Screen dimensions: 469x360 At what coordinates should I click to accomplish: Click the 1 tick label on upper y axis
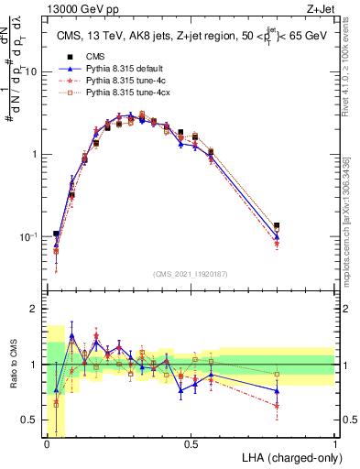click(x=36, y=154)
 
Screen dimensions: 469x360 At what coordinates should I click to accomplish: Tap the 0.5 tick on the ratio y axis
click(x=31, y=420)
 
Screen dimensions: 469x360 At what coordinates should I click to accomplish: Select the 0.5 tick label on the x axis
click(x=191, y=444)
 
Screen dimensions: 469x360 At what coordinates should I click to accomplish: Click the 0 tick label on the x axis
click(x=47, y=444)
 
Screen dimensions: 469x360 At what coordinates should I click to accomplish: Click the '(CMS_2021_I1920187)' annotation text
click(x=190, y=273)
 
